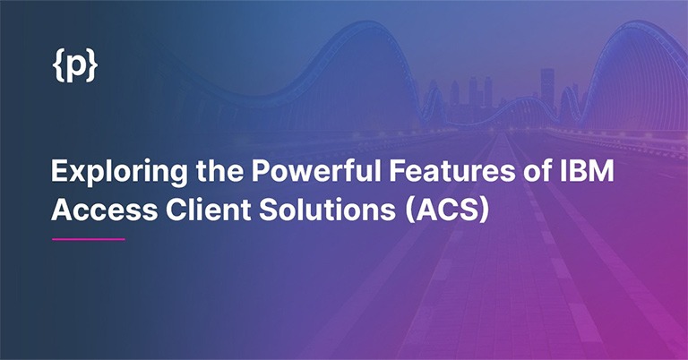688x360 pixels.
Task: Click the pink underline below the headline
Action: pyautogui.click(x=88, y=239)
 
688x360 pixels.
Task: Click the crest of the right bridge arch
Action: pyautogui.click(x=641, y=27)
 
